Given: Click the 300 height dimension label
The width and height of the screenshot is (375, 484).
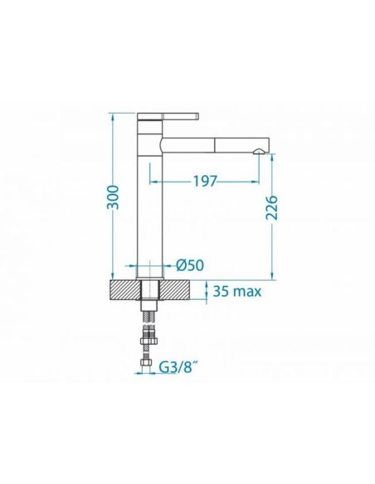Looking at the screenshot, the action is click(x=113, y=197).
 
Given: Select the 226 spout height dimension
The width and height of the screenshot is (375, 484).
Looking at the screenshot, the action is click(x=272, y=207).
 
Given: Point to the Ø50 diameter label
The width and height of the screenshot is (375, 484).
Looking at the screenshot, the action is click(x=190, y=265).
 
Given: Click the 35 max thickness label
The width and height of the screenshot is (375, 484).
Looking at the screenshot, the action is click(x=237, y=291).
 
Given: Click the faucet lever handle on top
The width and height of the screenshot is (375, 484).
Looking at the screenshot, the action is click(x=168, y=116).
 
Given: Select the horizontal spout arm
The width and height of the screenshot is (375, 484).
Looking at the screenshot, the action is click(x=216, y=145).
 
